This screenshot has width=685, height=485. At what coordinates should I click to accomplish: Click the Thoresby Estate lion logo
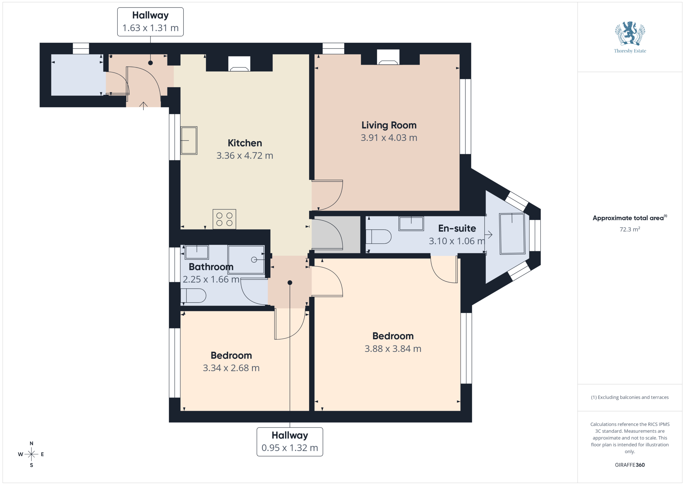630,33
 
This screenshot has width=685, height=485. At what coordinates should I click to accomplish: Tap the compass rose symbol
31,454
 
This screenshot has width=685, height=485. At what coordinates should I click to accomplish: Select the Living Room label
389,125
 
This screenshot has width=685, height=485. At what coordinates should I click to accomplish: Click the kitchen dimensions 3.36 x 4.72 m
245,156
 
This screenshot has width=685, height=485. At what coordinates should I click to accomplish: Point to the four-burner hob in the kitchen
224,219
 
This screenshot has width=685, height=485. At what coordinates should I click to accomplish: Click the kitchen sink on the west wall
189,140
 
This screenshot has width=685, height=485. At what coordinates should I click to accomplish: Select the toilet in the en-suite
378,236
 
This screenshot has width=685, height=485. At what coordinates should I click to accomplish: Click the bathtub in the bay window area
512,234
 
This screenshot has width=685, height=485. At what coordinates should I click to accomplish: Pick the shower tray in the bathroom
246,260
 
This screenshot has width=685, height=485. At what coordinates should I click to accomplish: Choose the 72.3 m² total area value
630,229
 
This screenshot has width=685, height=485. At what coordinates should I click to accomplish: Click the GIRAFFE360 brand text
630,465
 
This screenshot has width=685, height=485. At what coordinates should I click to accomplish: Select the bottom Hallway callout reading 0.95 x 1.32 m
290,442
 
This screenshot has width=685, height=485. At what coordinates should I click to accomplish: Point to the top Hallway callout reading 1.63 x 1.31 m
150,22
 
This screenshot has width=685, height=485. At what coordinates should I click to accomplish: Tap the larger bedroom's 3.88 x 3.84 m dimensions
393,348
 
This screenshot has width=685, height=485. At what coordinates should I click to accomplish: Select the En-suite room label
457,228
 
